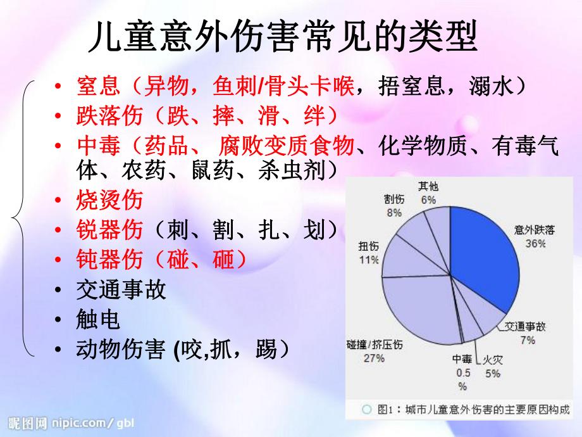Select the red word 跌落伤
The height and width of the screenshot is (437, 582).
tap(104, 117)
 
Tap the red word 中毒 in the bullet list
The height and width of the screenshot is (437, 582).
tap(94, 147)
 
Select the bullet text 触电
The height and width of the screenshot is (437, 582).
tap(97, 320)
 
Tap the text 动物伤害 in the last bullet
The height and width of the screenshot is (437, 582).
tap(120, 349)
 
